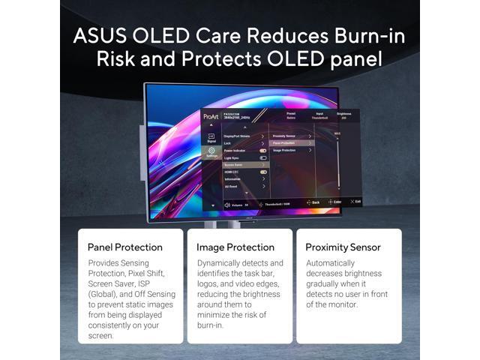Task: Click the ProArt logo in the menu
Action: pyautogui.click(x=211, y=118)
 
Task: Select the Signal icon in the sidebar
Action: pyautogui.click(x=211, y=137)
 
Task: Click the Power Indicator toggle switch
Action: pyautogui.click(x=263, y=150)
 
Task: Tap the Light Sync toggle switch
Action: pyautogui.click(x=263, y=157)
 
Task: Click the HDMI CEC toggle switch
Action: pyautogui.click(x=263, y=172)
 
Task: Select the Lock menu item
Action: pyautogui.click(x=228, y=142)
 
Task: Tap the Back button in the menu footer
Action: pyautogui.click(x=314, y=202)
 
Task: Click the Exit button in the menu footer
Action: pyautogui.click(x=357, y=202)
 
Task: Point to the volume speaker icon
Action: pyautogui.click(x=226, y=204)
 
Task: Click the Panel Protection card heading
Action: pyautogui.click(x=124, y=247)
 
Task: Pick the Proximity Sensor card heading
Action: pyautogui.click(x=343, y=247)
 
